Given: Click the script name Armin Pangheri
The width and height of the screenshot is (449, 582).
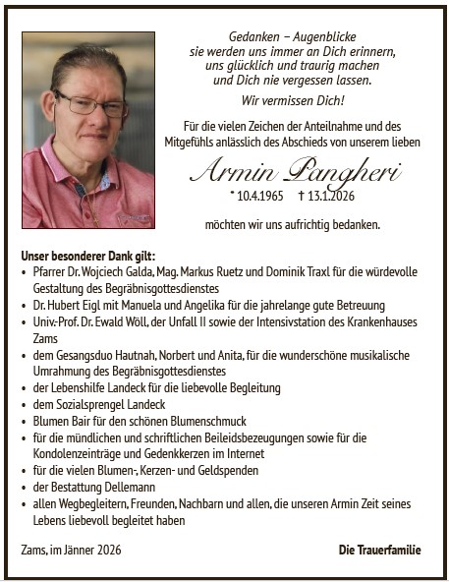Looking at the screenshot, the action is pyautogui.click(x=294, y=173).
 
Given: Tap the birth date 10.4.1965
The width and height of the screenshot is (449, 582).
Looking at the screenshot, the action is pyautogui.click(x=257, y=198).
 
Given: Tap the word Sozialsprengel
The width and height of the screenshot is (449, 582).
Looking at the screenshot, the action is pyautogui.click(x=89, y=403).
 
